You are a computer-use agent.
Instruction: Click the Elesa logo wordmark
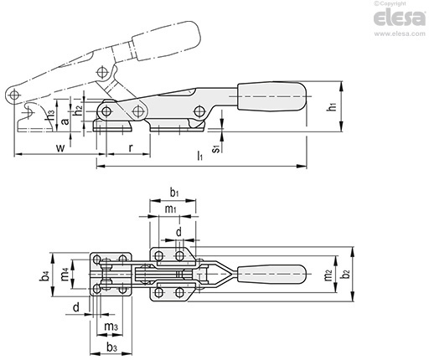coord(400,18)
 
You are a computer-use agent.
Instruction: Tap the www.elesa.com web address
coord(400,33)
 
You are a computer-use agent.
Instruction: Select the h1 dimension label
coord(332,106)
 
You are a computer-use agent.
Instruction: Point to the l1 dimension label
coord(199,156)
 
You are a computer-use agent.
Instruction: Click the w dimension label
coord(60,147)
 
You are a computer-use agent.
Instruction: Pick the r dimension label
coord(131,147)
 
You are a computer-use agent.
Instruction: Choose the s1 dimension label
coord(216,148)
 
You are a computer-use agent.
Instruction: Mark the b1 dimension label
coord(174,193)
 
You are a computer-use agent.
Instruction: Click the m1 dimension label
coord(170,208)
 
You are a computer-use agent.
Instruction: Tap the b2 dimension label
coord(346,274)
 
